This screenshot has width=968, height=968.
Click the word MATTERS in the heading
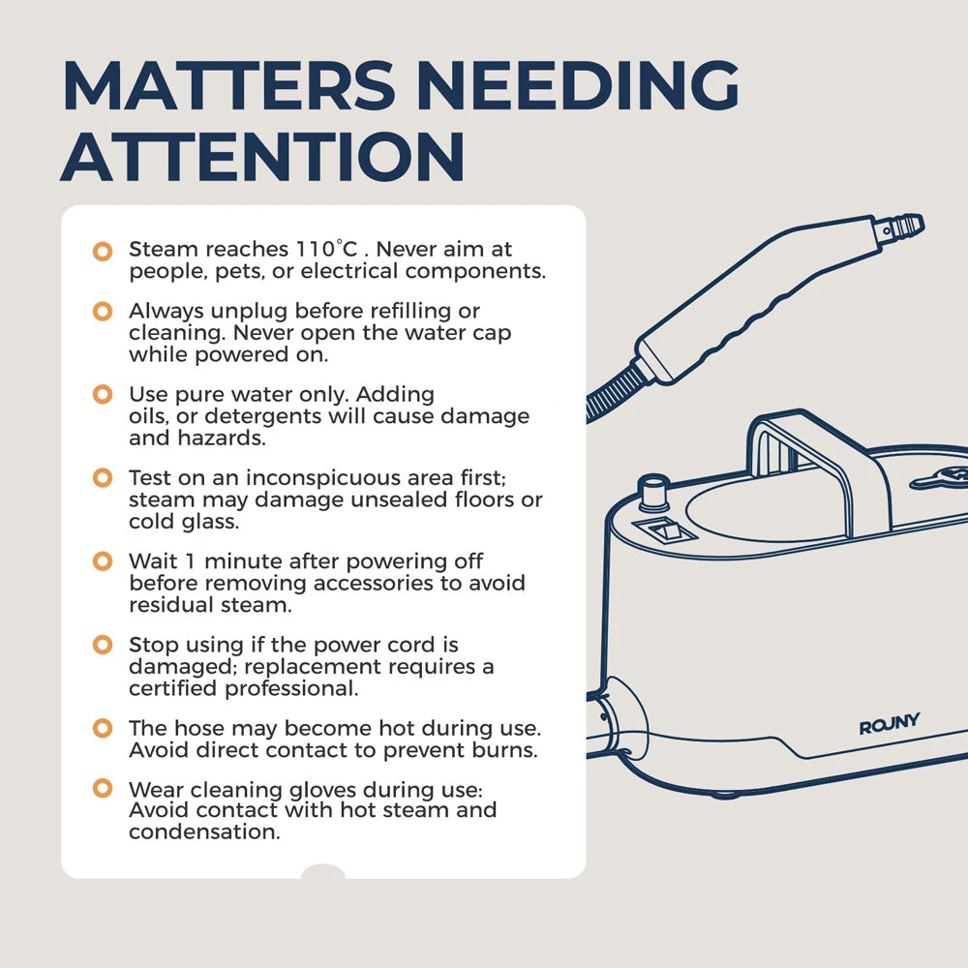coord(228,85)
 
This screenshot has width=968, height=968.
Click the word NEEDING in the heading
coord(578,85)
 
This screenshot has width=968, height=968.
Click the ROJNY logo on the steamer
coord(889,723)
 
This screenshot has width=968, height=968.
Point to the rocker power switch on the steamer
coord(664,531)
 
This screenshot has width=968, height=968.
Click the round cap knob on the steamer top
coord(653,492)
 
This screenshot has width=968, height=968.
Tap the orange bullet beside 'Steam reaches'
coord(103,251)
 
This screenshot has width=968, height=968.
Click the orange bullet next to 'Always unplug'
coord(103,311)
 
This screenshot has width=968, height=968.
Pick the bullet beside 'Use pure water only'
coord(103,394)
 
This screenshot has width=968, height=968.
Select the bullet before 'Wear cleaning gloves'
coord(103,788)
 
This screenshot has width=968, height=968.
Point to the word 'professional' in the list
coord(291,689)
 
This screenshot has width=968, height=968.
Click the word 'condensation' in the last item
coord(204,832)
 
